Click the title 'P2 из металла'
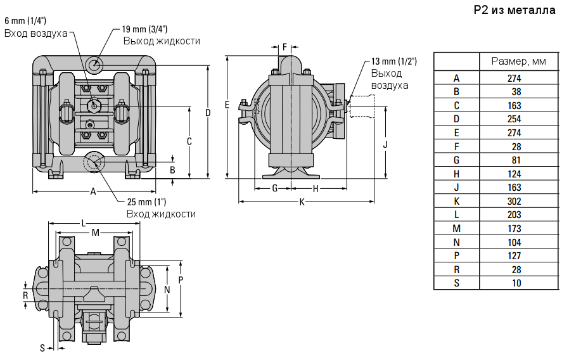point(514,11)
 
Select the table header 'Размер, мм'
point(518,61)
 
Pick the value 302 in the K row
point(514,201)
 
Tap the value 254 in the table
point(514,119)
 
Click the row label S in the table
point(456,283)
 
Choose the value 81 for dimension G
point(516,160)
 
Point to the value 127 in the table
point(514,255)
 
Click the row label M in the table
point(456,228)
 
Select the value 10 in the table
point(516,283)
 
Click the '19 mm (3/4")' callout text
point(144,29)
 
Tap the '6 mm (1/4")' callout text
point(24,21)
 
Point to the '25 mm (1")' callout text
point(146,202)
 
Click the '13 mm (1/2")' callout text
point(393,61)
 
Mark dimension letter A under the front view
point(93,191)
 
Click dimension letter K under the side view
point(302,202)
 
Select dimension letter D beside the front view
point(207,113)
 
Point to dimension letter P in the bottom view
point(181,280)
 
